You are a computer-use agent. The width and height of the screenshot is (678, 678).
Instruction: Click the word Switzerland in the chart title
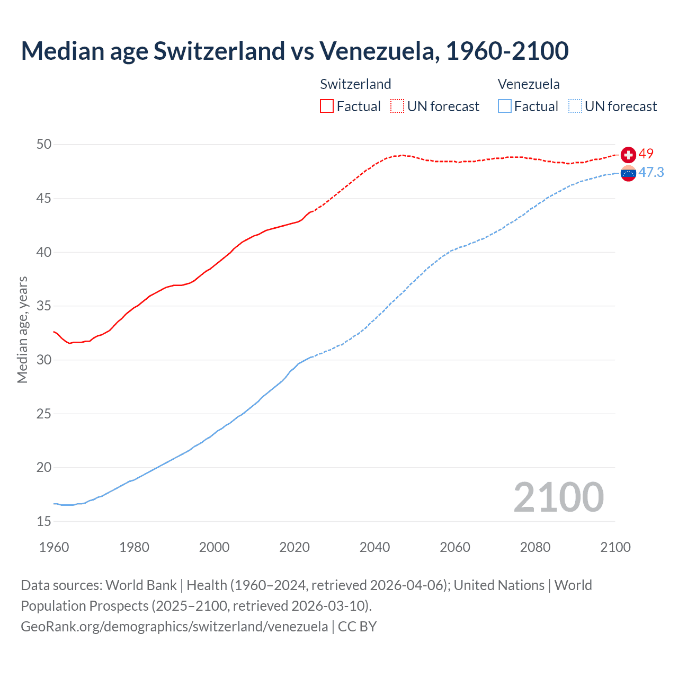pos(219,51)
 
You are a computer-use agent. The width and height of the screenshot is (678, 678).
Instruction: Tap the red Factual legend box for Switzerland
pos(327,106)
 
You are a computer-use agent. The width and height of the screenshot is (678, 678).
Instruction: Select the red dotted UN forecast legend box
pos(397,106)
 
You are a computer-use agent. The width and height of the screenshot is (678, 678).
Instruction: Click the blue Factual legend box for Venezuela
pos(505,106)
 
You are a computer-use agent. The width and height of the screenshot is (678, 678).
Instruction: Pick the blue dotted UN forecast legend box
pos(575,106)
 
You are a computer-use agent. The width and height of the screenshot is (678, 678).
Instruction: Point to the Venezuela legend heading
pos(529,84)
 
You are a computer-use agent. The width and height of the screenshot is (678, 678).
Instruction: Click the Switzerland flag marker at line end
pos(628,155)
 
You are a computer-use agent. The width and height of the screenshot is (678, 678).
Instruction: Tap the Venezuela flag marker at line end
pos(628,173)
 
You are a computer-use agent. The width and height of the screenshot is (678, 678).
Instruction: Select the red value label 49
pos(646,154)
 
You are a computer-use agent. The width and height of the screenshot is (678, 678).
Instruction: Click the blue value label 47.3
pos(651,172)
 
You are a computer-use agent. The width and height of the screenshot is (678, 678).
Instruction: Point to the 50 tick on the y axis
pos(44,144)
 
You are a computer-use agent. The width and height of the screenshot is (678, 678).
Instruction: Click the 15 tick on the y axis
pos(44,521)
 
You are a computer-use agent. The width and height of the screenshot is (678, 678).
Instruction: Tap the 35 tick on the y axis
pos(44,306)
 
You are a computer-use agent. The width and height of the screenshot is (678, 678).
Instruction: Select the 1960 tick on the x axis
pos(54,547)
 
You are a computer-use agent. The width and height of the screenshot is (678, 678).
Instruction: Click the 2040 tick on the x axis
pos(374,547)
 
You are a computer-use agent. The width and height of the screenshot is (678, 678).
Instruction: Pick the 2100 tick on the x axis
pos(615,547)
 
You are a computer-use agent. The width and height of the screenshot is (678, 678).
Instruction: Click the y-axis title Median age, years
pos(22,329)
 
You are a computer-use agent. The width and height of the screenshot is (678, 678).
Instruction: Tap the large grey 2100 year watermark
pos(559,497)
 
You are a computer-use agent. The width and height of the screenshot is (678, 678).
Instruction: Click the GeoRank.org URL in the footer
pos(174,626)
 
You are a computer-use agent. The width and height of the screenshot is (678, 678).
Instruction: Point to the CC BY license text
pos(358,626)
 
